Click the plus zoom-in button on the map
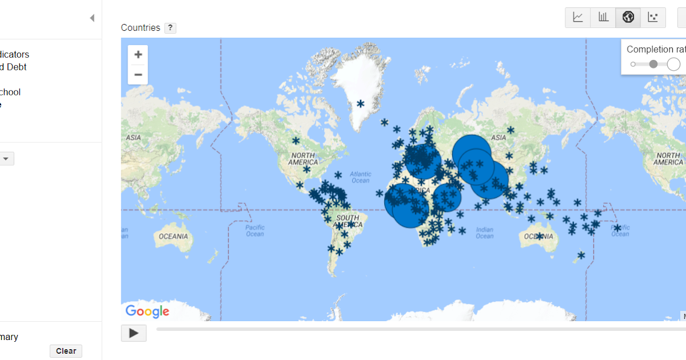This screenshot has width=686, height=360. (x=138, y=55)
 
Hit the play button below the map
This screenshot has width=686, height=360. (x=134, y=333)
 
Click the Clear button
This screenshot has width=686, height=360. (x=66, y=351)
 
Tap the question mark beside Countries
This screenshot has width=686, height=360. (x=170, y=28)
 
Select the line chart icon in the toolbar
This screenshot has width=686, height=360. (x=578, y=17)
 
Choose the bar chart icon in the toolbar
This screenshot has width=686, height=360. (x=603, y=17)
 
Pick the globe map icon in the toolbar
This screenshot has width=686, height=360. (x=628, y=17)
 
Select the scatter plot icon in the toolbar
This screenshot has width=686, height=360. (x=653, y=17)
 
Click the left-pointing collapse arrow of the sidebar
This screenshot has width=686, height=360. (x=92, y=18)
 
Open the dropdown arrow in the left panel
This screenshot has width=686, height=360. (x=6, y=159)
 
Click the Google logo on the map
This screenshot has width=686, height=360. (x=147, y=311)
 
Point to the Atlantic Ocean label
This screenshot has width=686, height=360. (x=361, y=177)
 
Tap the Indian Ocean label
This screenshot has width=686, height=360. (x=484, y=233)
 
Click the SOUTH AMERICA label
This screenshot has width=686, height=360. (x=348, y=221)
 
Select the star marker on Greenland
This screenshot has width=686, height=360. (x=361, y=103)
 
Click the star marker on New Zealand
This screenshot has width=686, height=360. (x=581, y=255)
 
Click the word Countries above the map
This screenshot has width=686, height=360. (x=141, y=28)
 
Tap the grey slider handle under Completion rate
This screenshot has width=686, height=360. (x=653, y=64)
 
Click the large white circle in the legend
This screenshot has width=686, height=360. (x=673, y=64)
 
